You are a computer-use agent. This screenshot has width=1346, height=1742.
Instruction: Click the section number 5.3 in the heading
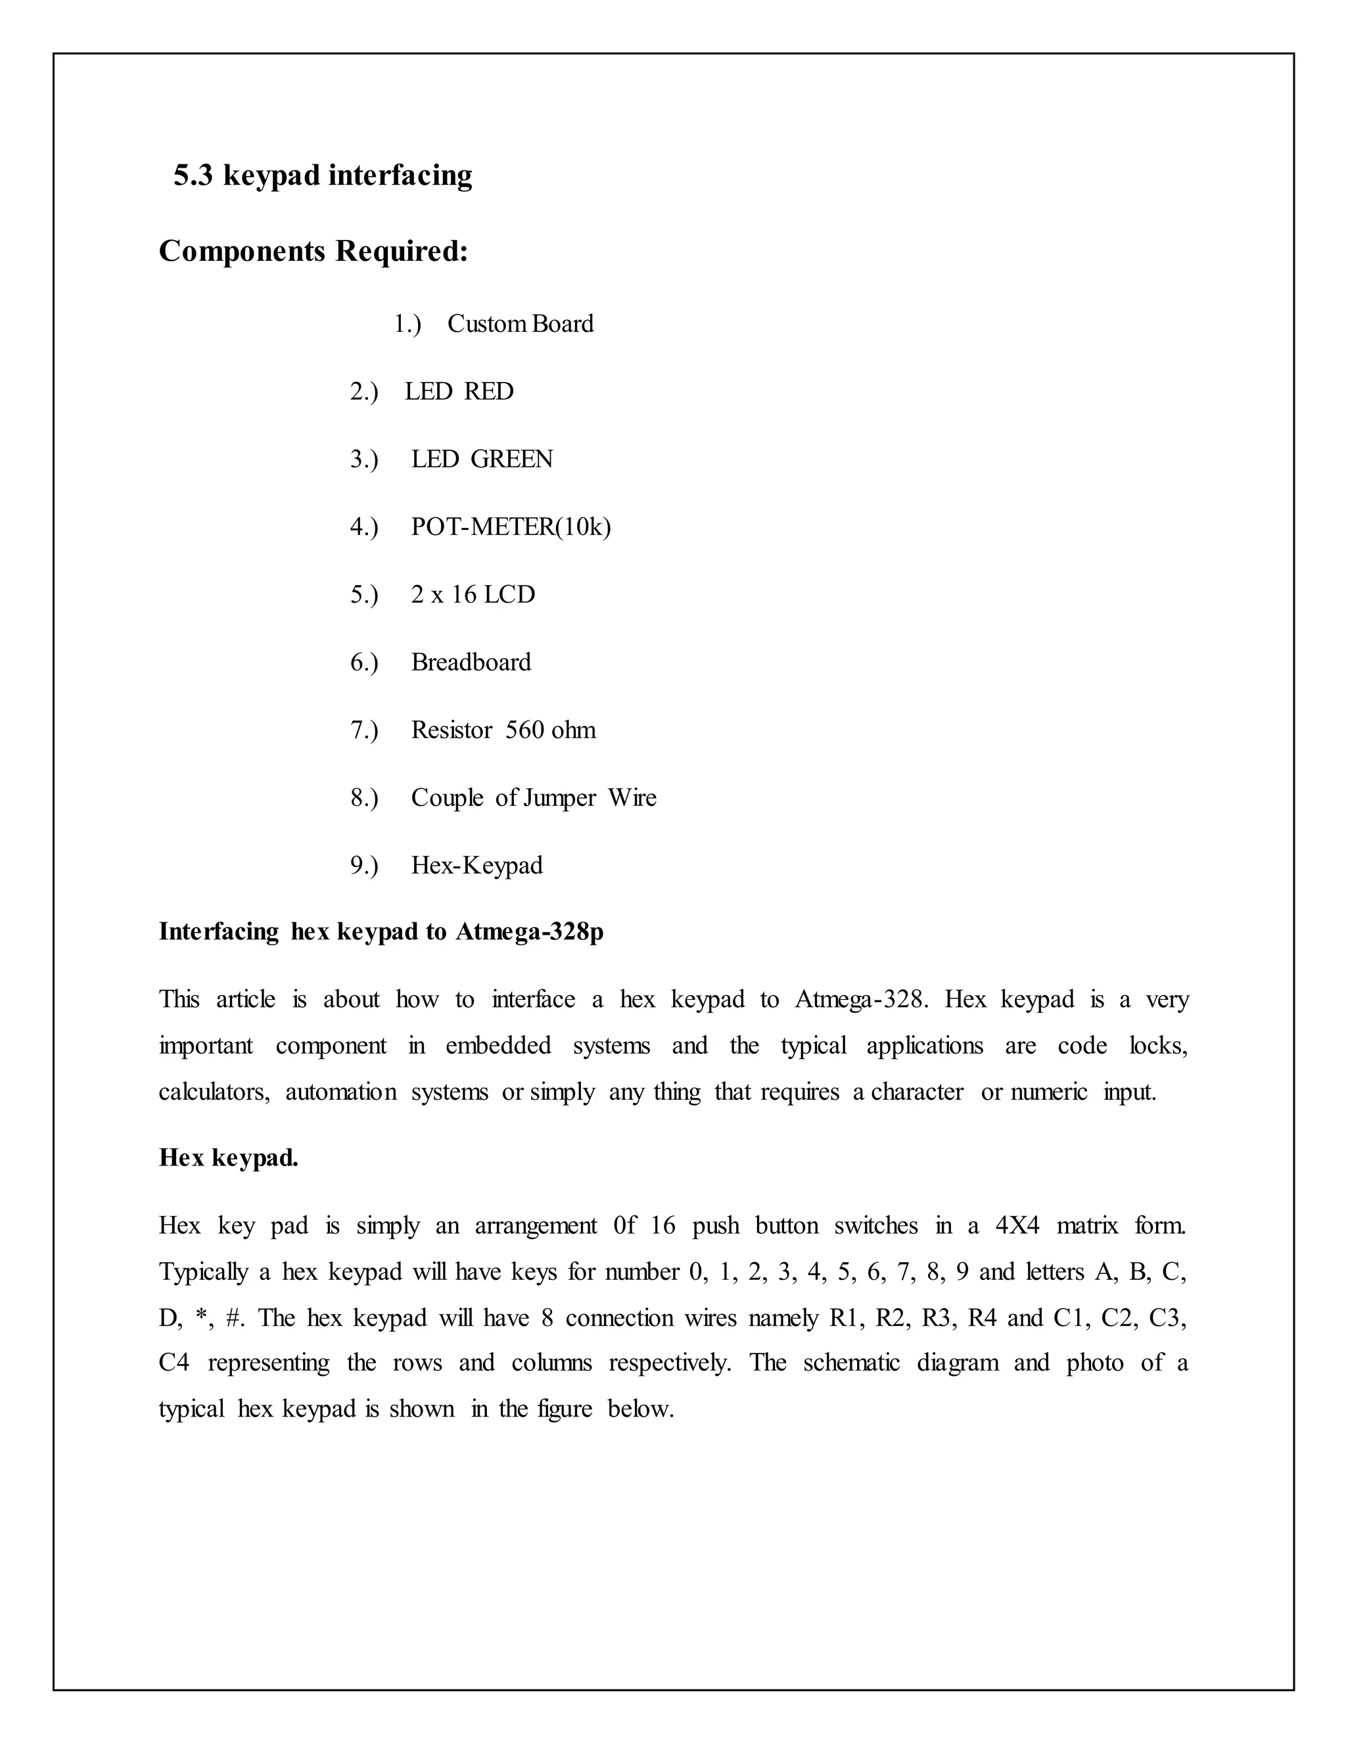(x=194, y=176)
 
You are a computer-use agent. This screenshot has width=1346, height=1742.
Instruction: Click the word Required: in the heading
(x=401, y=252)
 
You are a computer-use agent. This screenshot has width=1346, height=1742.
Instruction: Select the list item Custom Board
(x=520, y=324)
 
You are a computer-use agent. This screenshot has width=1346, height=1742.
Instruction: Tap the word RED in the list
(x=489, y=392)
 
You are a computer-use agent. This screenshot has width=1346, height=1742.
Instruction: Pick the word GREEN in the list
(x=511, y=459)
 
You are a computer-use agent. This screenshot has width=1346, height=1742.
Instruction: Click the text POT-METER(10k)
(x=510, y=527)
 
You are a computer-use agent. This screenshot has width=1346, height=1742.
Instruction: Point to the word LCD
(x=509, y=595)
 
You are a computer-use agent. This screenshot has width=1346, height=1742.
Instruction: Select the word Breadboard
(x=471, y=663)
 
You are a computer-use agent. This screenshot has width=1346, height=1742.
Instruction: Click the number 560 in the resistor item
(x=524, y=730)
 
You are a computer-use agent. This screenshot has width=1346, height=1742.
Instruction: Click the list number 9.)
(x=364, y=866)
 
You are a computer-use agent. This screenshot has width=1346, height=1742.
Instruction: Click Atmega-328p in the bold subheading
(x=530, y=931)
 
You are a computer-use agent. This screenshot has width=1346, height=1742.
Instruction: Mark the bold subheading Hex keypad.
(x=229, y=1158)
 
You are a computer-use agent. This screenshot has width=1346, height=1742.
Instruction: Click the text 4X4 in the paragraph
(x=1017, y=1225)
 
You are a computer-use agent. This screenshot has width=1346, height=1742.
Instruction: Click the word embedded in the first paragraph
(x=498, y=1046)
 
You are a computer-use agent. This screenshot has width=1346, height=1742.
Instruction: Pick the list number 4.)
(x=364, y=527)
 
